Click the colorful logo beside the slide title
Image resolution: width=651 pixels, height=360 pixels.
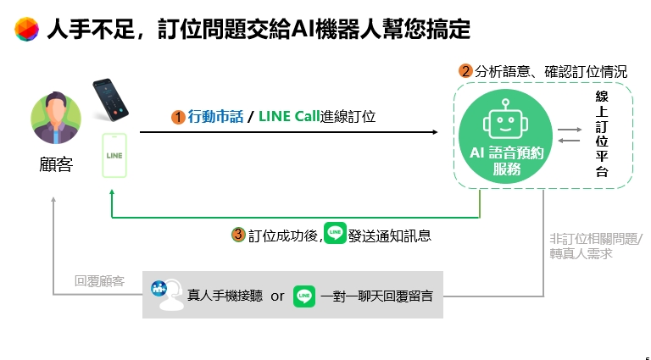click(26, 29)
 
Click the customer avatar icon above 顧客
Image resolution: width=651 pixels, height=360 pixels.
click(56, 119)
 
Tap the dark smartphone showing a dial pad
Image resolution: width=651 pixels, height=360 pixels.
click(110, 100)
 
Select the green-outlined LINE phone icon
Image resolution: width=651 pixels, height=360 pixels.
click(114, 156)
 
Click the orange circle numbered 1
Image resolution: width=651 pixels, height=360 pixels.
click(178, 117)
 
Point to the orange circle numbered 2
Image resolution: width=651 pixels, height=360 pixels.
click(465, 71)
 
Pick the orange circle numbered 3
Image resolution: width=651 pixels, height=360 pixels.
click(238, 235)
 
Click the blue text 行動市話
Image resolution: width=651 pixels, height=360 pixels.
click(215, 117)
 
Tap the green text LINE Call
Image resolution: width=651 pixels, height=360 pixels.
click(289, 117)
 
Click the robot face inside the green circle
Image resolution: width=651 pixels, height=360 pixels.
click(505, 119)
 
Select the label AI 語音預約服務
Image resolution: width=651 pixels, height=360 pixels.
click(507, 161)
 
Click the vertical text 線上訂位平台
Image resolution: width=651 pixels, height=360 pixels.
click(602, 134)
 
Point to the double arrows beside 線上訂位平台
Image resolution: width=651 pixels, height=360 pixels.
click(570, 136)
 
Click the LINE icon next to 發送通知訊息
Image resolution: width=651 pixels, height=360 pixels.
click(335, 233)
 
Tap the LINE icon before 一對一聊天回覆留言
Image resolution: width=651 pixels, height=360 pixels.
click(304, 296)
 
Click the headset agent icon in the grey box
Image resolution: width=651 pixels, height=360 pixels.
click(168, 295)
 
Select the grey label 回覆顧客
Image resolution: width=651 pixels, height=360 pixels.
click(100, 281)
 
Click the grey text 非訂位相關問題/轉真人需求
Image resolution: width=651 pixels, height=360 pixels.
click(596, 246)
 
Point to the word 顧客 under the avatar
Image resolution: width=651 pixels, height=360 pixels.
click(56, 164)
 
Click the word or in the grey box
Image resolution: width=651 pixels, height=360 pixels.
click(277, 296)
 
